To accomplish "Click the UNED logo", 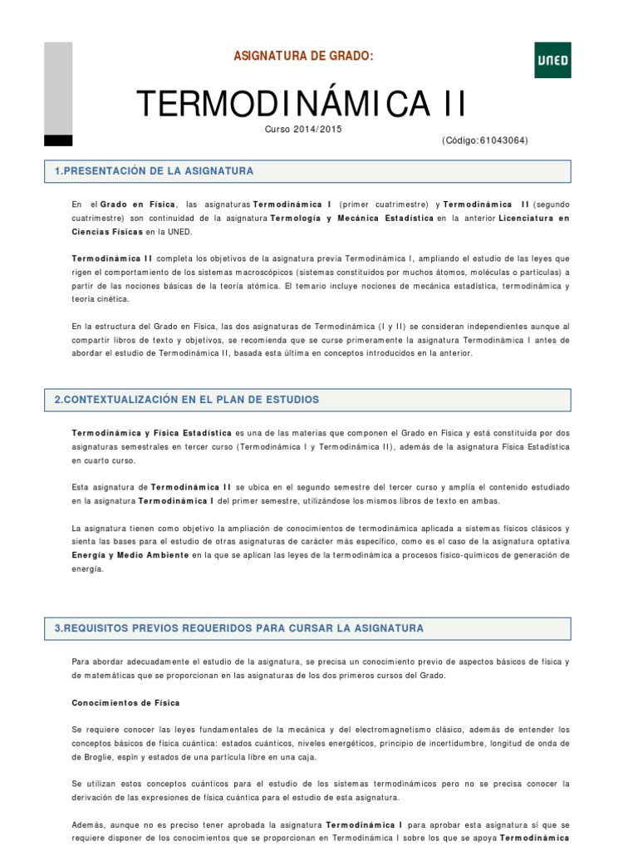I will pyautogui.click(x=552, y=60).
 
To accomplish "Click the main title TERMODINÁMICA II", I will pyautogui.click(x=301, y=104).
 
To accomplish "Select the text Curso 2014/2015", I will pyautogui.click(x=303, y=129).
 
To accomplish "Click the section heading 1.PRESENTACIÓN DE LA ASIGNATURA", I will pyautogui.click(x=154, y=171).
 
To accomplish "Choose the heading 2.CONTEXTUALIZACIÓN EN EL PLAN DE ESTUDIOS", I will pyautogui.click(x=187, y=400).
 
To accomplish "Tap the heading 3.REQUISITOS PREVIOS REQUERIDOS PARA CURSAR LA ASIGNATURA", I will pyautogui.click(x=239, y=628).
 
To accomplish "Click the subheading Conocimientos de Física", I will pyautogui.click(x=125, y=703).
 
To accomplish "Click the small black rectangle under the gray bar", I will pyautogui.click(x=58, y=140).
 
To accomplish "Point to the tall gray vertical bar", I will pyautogui.click(x=58, y=87).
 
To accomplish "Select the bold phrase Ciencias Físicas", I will pyautogui.click(x=107, y=233).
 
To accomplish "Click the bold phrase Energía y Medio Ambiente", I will pyautogui.click(x=130, y=554).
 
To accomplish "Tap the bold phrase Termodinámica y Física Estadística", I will pyautogui.click(x=152, y=433).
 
